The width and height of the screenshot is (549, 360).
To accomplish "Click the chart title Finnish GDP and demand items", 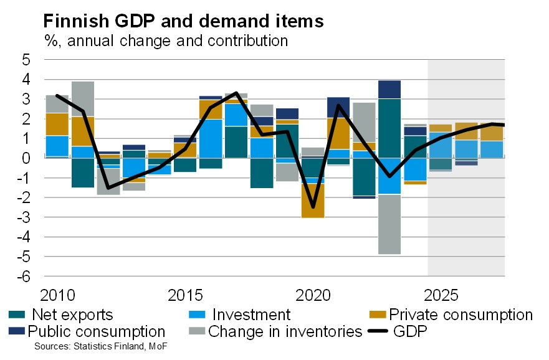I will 183,21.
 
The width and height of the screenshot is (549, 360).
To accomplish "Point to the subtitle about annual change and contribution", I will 166,41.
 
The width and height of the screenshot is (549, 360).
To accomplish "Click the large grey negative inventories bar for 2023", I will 389,224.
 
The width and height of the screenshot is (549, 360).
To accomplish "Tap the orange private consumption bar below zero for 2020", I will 312,201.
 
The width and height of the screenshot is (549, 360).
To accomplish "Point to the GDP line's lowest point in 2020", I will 312,207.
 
